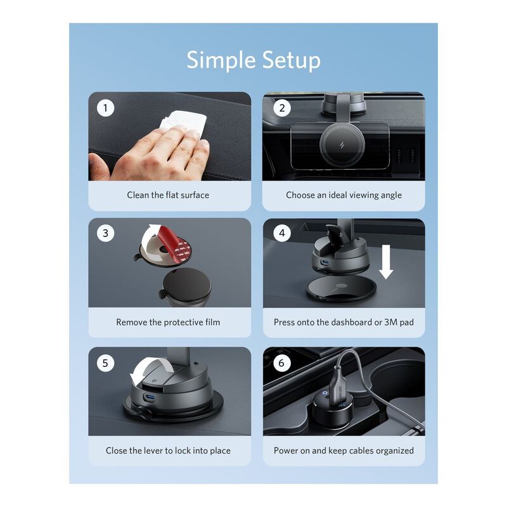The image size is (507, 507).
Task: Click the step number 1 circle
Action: [105, 108]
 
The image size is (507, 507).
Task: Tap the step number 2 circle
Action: [282, 108]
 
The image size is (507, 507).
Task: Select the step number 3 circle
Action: [105, 233]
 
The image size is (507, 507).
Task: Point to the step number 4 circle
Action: [282, 233]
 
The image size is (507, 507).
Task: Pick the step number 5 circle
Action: [105, 363]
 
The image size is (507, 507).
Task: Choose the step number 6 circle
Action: [282, 363]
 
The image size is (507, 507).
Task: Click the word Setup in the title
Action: [291, 60]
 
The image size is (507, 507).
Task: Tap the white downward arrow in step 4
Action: [386, 262]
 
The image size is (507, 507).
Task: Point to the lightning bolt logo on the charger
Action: [342, 144]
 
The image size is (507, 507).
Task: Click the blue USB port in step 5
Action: [150, 397]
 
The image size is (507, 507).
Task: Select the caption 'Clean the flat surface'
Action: [168, 195]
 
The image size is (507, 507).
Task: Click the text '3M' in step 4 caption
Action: [390, 322]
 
